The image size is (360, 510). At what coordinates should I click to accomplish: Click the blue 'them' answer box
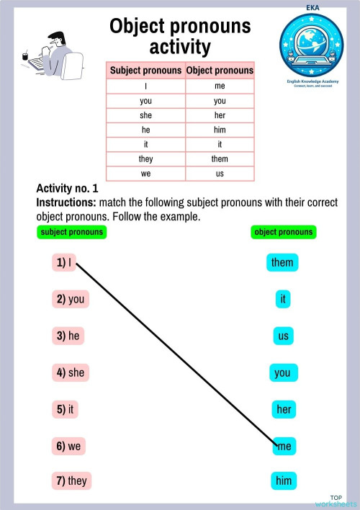pyautogui.click(x=282, y=262)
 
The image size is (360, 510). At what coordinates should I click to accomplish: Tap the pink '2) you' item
pyautogui.click(x=71, y=300)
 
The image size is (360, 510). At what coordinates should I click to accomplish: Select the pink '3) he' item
pyautogui.click(x=68, y=336)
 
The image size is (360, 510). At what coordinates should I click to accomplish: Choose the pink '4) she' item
pyautogui.click(x=71, y=372)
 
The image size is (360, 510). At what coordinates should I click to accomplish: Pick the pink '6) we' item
pyautogui.click(x=69, y=446)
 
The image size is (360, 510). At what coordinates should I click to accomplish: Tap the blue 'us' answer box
pyautogui.click(x=282, y=336)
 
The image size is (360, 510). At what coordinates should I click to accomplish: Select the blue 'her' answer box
pyautogui.click(x=283, y=410)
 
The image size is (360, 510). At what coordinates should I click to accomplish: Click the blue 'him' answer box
pyautogui.click(x=283, y=480)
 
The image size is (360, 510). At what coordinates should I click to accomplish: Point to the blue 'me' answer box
pyautogui.click(x=284, y=447)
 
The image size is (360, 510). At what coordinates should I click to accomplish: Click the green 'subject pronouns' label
pyautogui.click(x=71, y=232)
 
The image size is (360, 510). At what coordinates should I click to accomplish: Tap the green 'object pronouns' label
pyautogui.click(x=284, y=232)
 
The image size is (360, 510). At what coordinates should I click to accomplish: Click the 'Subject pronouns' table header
pyautogui.click(x=145, y=71)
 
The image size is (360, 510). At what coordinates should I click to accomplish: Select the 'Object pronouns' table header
pyautogui.click(x=220, y=71)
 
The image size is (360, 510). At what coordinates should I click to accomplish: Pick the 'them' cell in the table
pyautogui.click(x=220, y=158)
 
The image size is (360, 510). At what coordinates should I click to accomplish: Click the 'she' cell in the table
pyautogui.click(x=145, y=115)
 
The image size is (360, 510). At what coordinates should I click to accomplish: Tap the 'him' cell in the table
pyautogui.click(x=220, y=130)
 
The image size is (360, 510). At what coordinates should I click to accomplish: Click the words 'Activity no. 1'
pyautogui.click(x=67, y=189)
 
